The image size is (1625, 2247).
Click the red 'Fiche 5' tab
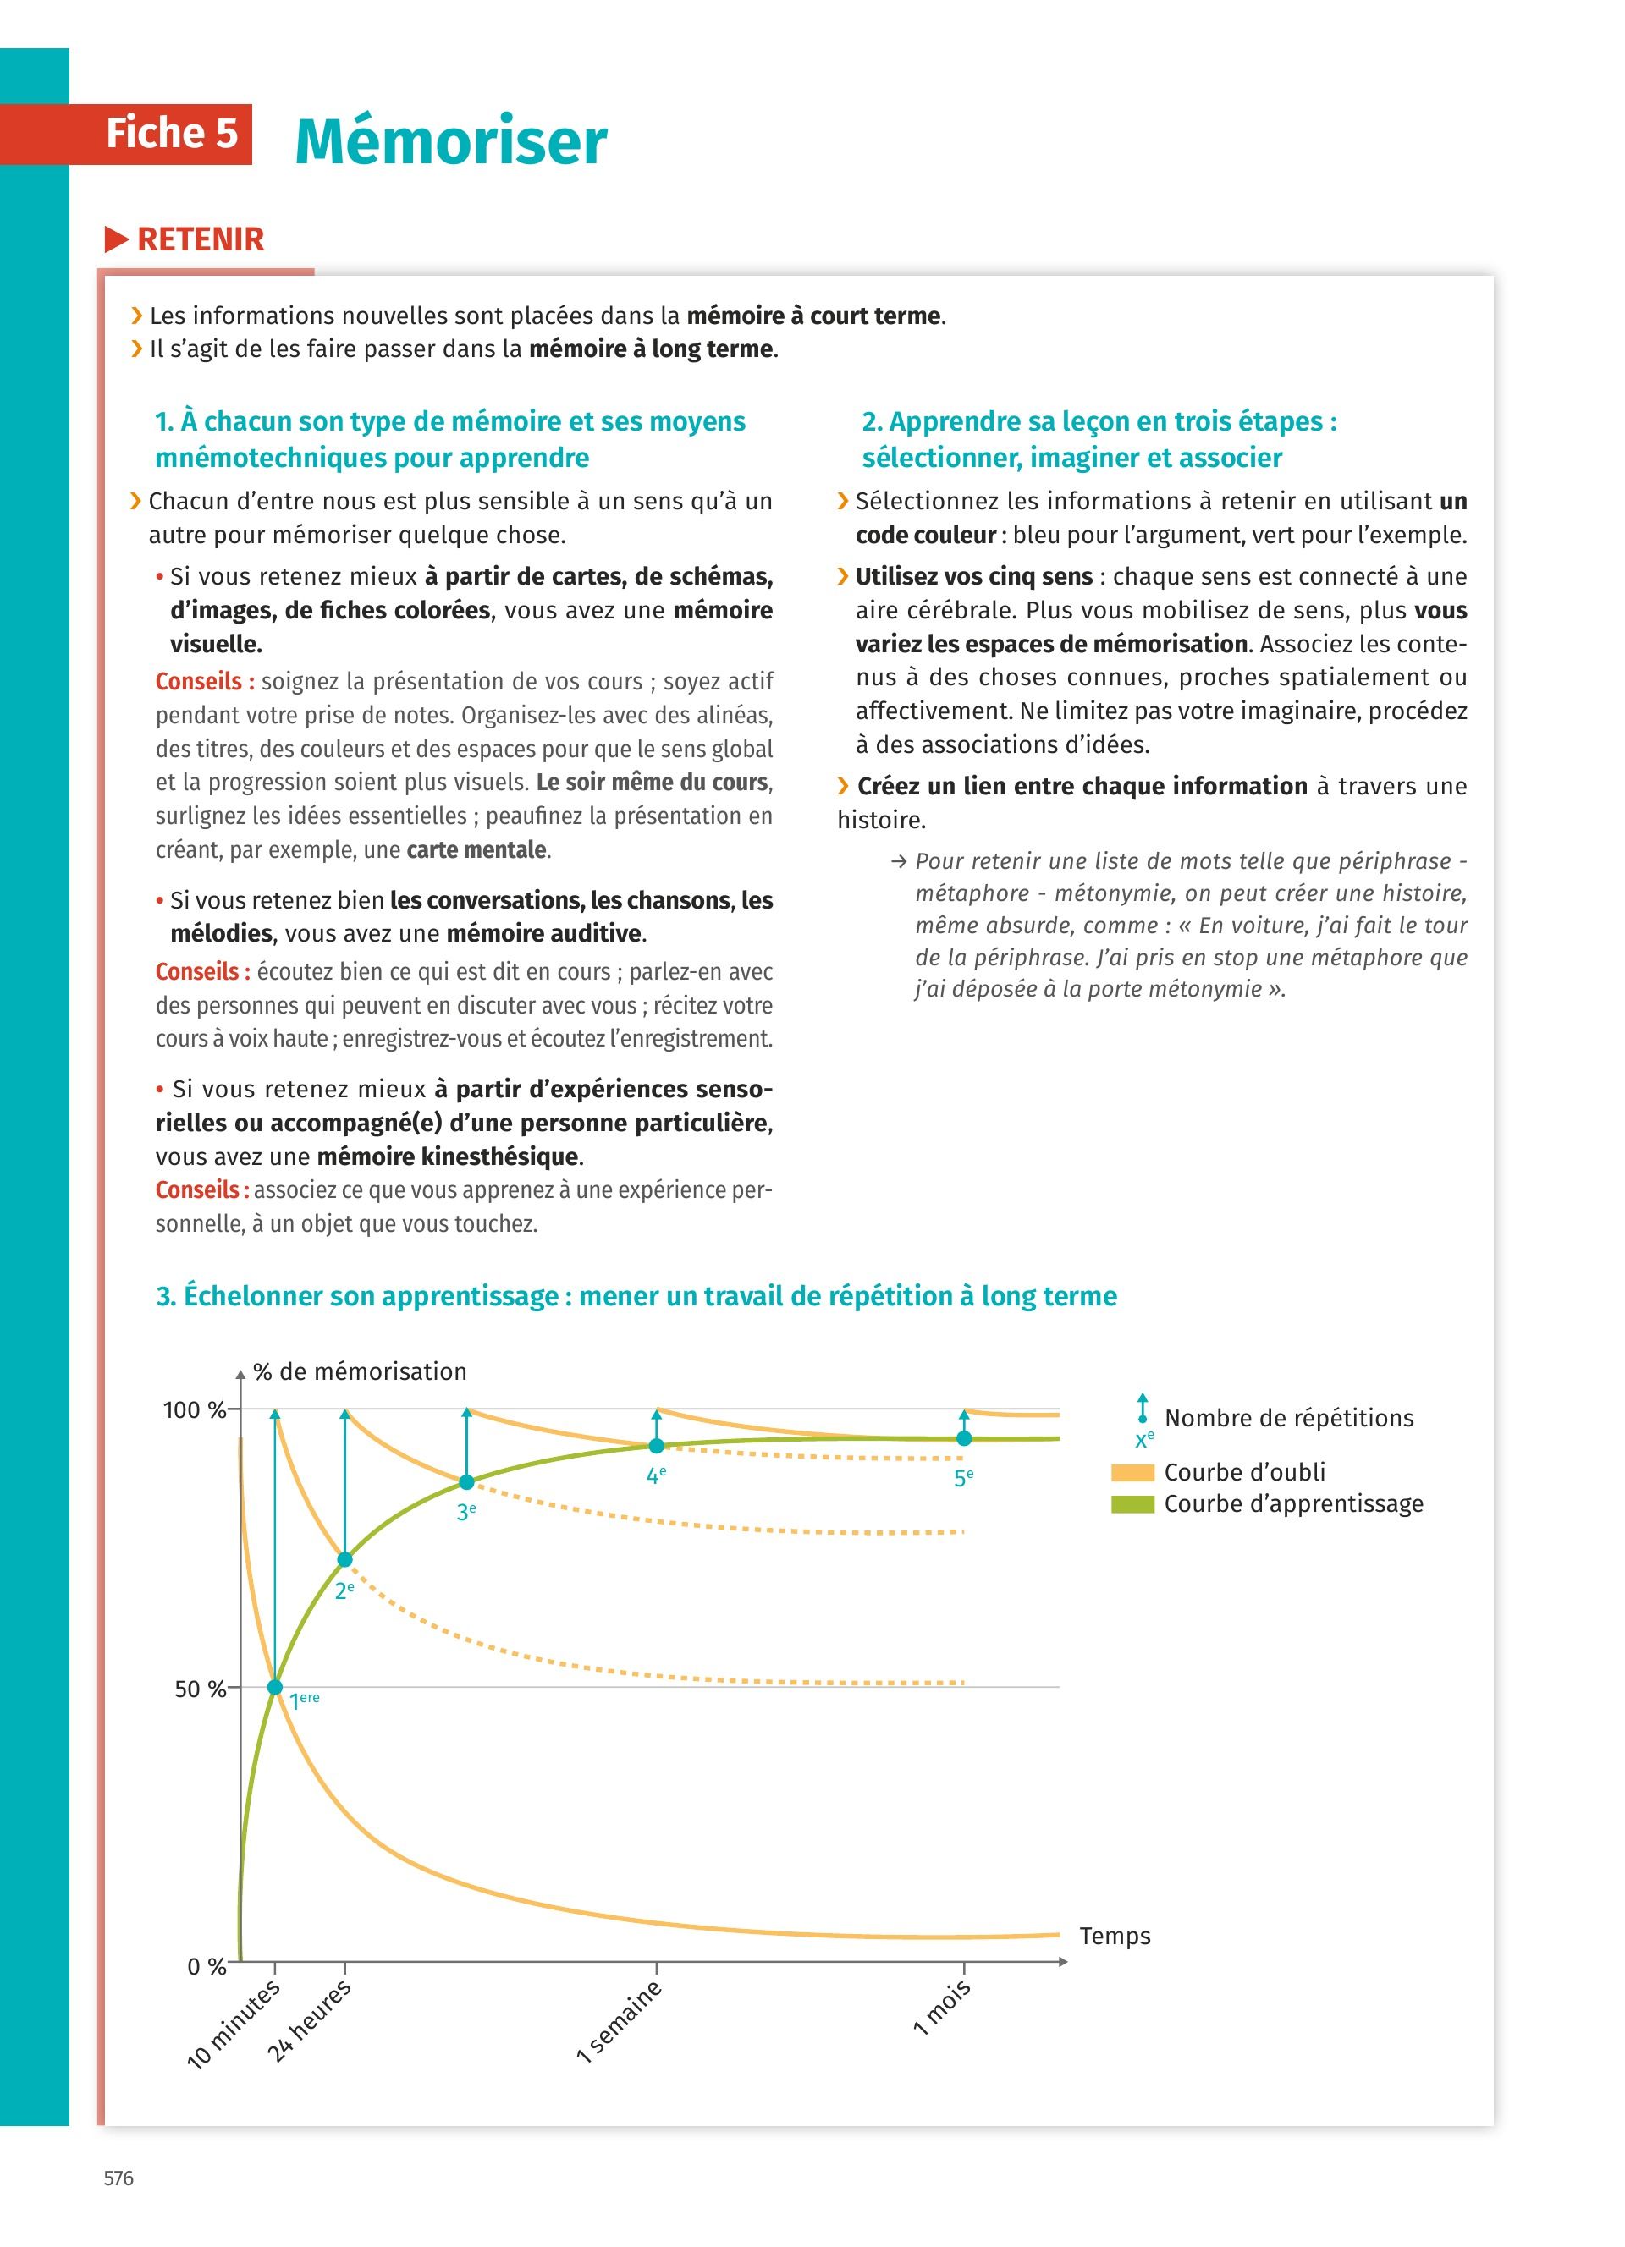pos(172,134)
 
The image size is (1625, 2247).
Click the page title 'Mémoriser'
pos(451,140)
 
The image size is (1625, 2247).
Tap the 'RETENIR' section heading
pos(199,239)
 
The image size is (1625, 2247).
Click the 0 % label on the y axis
pos(207,1967)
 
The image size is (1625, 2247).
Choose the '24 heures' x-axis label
pos(309,2020)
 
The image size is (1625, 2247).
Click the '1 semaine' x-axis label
pos(620,2021)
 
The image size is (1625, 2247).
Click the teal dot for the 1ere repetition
pos(275,1687)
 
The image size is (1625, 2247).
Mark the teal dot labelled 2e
pos(344,1559)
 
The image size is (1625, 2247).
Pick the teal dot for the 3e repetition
pos(466,1482)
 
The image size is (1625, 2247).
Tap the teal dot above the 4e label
pos(656,1447)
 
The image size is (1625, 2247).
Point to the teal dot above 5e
pos(964,1438)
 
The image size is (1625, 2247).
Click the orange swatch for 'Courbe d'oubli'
pos(1132,1472)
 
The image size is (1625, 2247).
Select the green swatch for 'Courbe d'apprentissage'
pos(1132,1504)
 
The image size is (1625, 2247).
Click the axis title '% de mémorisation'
pos(359,1371)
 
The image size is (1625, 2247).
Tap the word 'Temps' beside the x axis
pos(1115,1936)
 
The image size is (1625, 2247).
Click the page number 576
pos(118,2178)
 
